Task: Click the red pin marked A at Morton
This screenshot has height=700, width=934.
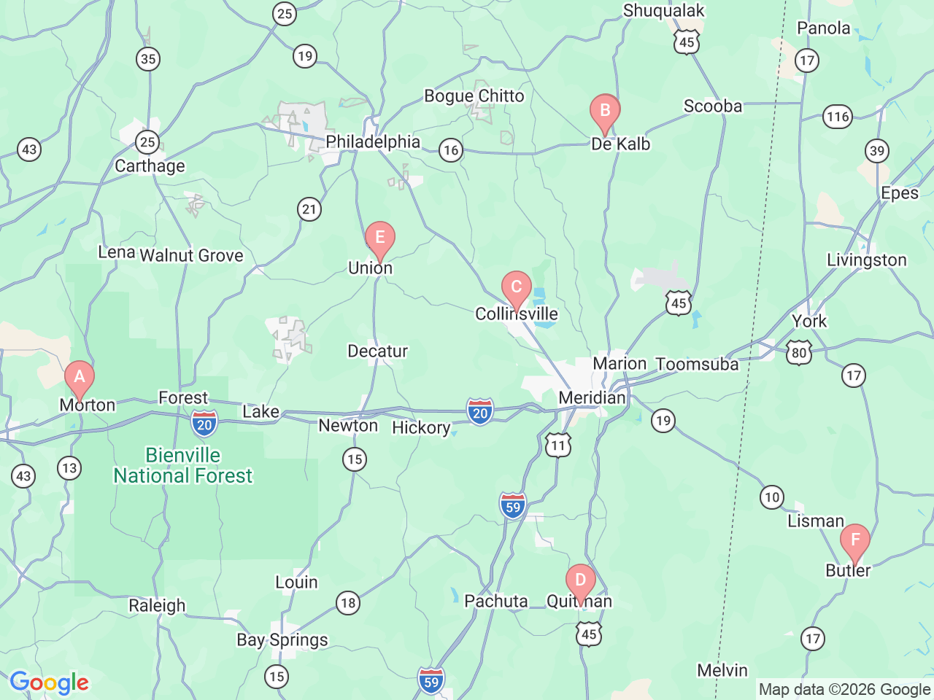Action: (80, 378)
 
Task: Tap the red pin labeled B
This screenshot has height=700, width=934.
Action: (605, 111)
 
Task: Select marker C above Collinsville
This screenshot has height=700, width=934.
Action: (517, 287)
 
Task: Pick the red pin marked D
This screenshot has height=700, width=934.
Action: (581, 581)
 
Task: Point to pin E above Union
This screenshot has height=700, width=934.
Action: (380, 238)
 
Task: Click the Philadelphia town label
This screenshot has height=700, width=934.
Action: (373, 141)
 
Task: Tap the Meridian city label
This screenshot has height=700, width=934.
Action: (592, 397)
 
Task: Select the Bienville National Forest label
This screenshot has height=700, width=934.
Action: (183, 465)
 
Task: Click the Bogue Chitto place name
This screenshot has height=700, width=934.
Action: (474, 96)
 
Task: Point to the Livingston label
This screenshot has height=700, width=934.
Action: (867, 260)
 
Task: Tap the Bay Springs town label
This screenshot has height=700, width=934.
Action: (282, 639)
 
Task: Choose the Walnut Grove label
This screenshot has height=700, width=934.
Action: (191, 255)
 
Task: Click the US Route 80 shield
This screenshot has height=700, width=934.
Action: (800, 353)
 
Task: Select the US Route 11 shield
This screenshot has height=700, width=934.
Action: (558, 445)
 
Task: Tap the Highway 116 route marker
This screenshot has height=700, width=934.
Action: (838, 116)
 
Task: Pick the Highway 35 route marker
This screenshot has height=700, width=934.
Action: (148, 59)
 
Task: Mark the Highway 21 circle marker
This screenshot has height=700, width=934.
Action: (309, 209)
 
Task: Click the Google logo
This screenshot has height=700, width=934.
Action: (49, 683)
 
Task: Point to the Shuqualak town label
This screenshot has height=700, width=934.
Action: (664, 10)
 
